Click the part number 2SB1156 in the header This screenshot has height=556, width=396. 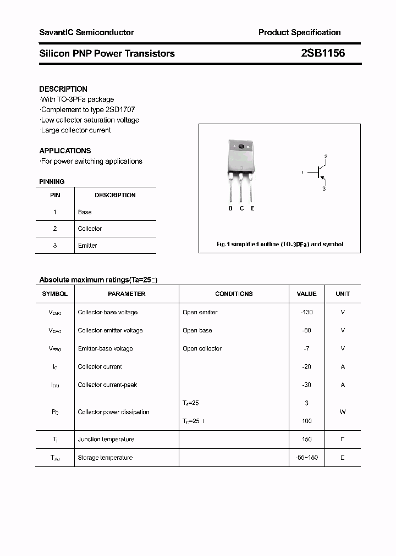tap(323, 53)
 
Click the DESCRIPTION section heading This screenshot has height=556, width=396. tap(63, 89)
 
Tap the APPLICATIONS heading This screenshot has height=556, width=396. tap(65, 151)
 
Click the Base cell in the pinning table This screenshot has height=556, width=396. tap(85, 212)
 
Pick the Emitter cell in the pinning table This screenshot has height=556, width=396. tap(87, 246)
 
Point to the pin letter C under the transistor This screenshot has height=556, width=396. tap(241, 208)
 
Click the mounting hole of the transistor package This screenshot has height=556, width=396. tap(240, 146)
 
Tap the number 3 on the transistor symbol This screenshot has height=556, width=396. tap(324, 188)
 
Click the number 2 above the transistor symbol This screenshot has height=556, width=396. tap(326, 157)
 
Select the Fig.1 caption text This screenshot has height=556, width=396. tap(279, 244)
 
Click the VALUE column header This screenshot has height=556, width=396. tap(306, 294)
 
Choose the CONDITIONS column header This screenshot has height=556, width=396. tap(234, 294)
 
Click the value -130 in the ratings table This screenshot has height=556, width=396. tap(306, 312)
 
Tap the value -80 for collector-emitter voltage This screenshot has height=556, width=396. tap(306, 330)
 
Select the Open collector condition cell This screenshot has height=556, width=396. tap(202, 348)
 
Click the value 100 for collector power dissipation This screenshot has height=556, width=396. tap(306, 421)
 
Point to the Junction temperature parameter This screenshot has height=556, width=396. tap(106, 439)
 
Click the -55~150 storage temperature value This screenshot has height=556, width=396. tap(306, 457)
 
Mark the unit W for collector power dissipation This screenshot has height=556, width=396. tap(343, 412)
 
